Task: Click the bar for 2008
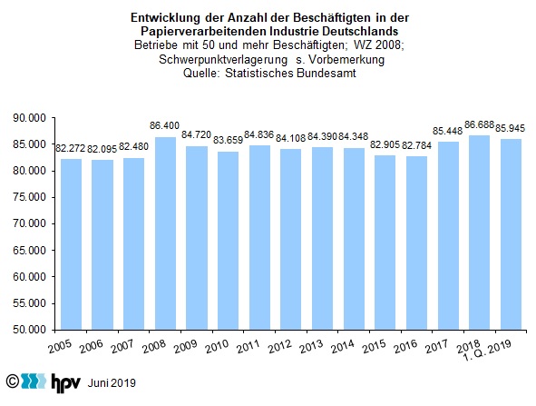pos(165,233)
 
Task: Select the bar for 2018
pos(479,233)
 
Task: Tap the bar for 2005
pos(71,244)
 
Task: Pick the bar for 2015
pos(385,243)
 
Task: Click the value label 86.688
pos(479,125)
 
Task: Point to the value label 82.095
pos(102,149)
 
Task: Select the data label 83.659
pos(228,140)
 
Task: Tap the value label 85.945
pos(510,128)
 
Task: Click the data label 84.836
pos(259,134)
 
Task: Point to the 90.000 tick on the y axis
pos(29,118)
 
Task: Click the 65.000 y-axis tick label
pos(29,251)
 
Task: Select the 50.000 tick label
pos(29,330)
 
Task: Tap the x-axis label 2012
pos(280,346)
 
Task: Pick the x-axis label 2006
pos(92,346)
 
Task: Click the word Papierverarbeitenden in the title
pos(204,31)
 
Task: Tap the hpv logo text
pos(66,382)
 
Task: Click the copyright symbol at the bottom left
pos(13,381)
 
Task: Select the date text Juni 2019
pos(112,382)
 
